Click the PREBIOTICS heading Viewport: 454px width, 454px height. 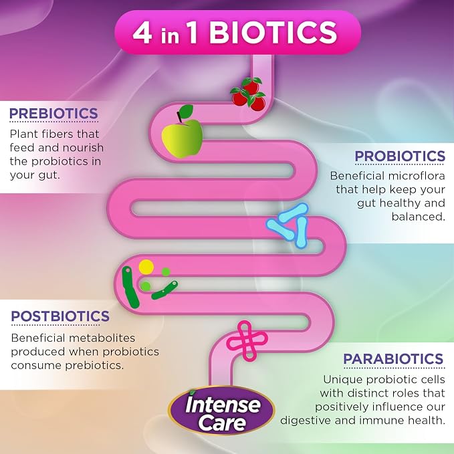click(x=54, y=113)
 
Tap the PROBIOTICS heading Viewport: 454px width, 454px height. click(x=400, y=156)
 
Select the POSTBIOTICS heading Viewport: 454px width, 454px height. click(x=60, y=316)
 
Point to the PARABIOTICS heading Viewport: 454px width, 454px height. click(x=393, y=359)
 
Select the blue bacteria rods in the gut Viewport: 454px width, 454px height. click(x=288, y=225)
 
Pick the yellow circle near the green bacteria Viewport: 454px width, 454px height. click(x=146, y=267)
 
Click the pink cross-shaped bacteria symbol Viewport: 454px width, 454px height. click(x=247, y=340)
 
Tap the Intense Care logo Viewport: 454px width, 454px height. click(x=221, y=411)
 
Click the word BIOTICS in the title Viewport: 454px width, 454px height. click(x=273, y=32)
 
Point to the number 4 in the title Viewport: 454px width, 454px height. click(x=142, y=33)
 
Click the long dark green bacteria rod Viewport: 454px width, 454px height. click(x=130, y=288)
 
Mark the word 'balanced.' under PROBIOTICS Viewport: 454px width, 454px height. click(x=418, y=217)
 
